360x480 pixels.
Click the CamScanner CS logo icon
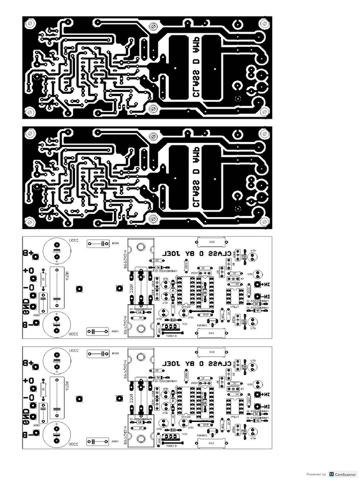point(332,474)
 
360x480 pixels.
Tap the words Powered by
point(315,474)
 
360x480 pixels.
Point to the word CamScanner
point(346,474)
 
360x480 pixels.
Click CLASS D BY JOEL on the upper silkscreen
point(197,254)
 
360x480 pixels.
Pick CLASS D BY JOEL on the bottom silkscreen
point(197,364)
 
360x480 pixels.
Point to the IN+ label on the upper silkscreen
point(266,285)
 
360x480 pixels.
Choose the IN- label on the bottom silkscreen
point(266,406)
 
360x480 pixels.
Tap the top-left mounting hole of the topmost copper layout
point(30,22)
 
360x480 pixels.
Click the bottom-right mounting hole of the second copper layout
point(265,221)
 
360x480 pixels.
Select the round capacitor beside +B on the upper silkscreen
point(57,249)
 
